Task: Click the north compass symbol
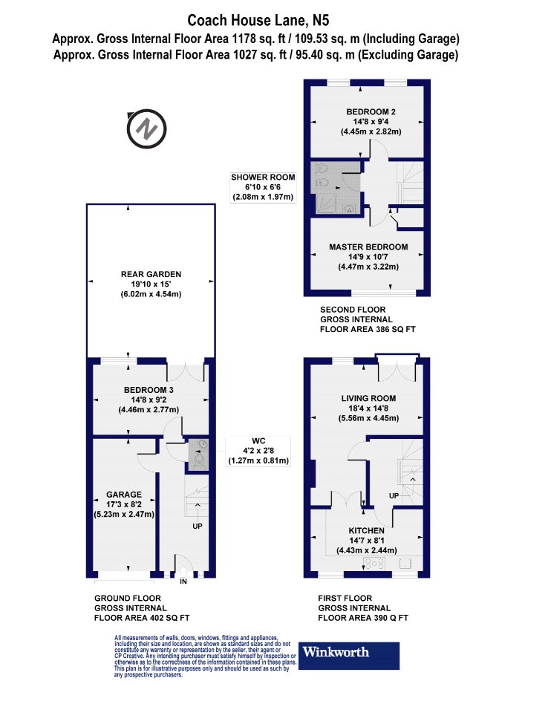(x=147, y=128)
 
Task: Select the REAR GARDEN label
(x=151, y=274)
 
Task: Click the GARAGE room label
(x=124, y=495)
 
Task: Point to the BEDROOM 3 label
(x=149, y=390)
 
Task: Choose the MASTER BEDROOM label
(x=368, y=247)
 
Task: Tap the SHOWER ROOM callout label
(x=263, y=177)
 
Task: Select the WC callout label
(x=258, y=441)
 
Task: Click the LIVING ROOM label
(x=368, y=398)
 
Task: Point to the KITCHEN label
(x=367, y=531)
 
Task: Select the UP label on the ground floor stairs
(x=198, y=527)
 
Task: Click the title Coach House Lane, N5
(x=258, y=20)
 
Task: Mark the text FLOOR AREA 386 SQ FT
(x=368, y=329)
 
